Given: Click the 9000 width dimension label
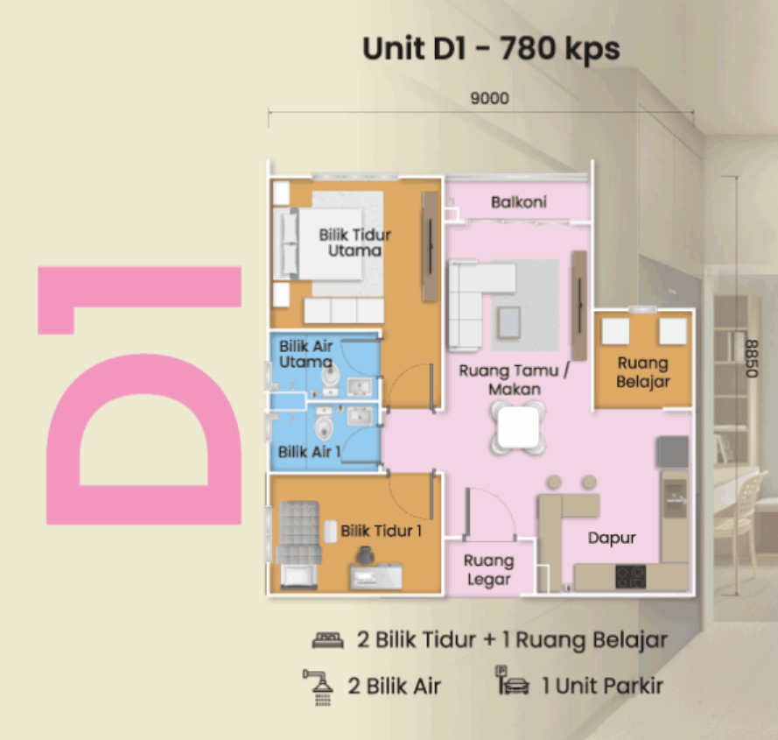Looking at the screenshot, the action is (x=489, y=98).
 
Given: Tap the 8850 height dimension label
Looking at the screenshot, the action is (x=752, y=358).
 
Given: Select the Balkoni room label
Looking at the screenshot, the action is (x=518, y=201).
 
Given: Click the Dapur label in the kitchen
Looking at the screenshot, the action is (x=611, y=538).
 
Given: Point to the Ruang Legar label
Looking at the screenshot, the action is (x=488, y=569).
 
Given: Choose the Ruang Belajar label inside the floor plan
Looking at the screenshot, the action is (x=642, y=372).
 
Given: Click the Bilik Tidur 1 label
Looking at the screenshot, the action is (x=381, y=531).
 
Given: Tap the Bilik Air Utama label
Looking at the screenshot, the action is (x=305, y=354).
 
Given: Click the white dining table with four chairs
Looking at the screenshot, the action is (x=518, y=427).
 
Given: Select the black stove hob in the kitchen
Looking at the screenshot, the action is (x=631, y=576).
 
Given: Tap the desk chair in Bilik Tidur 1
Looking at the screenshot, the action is (x=365, y=556).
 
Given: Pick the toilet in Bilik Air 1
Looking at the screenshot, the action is (x=325, y=427).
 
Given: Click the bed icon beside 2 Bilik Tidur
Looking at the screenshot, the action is (x=327, y=640).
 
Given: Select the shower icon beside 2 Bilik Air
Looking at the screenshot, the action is (x=318, y=687).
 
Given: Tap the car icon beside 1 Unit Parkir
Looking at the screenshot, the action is (x=517, y=686).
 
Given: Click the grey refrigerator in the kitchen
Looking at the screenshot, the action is (x=672, y=452).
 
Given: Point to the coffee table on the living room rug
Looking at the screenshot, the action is (x=509, y=323).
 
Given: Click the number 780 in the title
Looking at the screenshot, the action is (x=528, y=48).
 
